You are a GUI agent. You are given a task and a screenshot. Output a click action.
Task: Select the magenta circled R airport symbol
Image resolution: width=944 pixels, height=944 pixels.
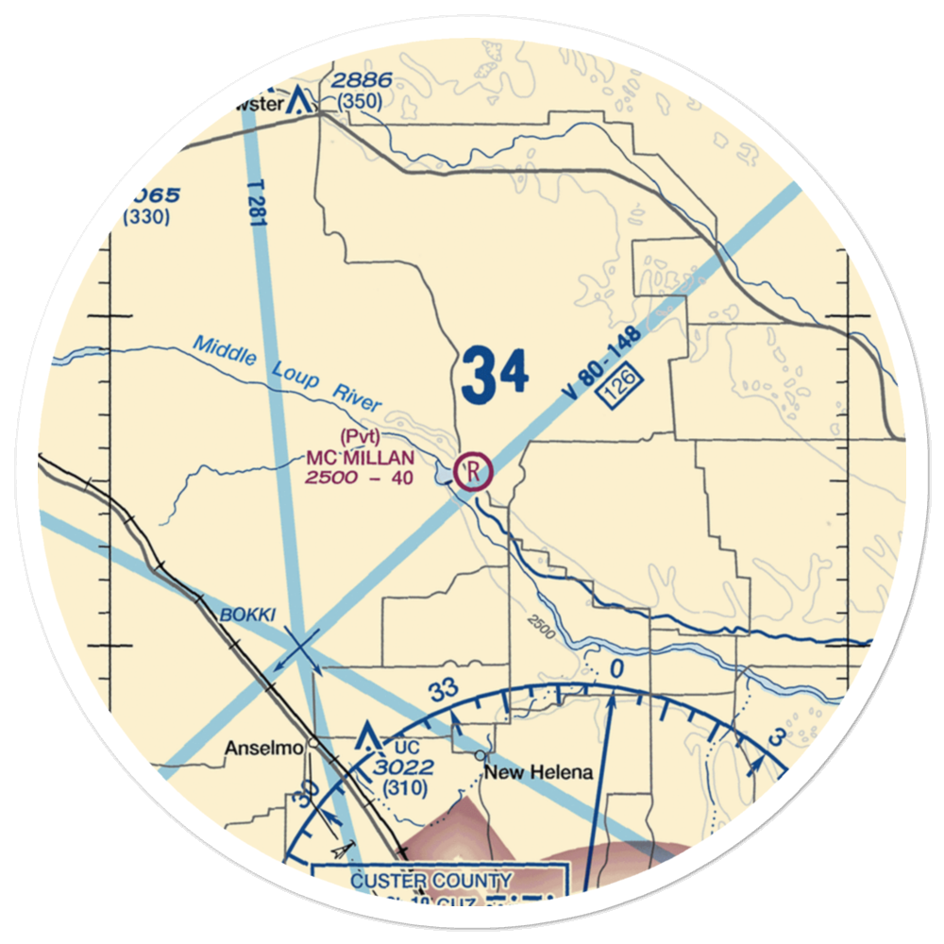click(x=474, y=469)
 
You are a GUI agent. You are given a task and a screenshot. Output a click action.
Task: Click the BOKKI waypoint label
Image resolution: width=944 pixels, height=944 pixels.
click(x=247, y=615)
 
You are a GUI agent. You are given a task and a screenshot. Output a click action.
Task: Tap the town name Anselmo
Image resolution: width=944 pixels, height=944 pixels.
click(x=262, y=749)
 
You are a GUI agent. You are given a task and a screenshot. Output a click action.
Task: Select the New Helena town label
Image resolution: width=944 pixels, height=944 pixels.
click(x=539, y=772)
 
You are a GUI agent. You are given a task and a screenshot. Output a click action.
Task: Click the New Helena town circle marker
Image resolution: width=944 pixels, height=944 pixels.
click(x=480, y=755)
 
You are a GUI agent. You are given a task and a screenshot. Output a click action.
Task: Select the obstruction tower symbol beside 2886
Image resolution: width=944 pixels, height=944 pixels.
click(x=300, y=98)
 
